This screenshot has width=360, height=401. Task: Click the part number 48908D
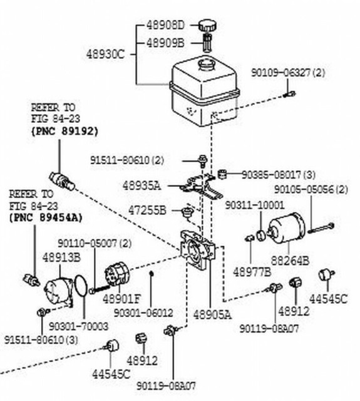coord(165,26)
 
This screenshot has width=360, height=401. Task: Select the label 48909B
coord(165,43)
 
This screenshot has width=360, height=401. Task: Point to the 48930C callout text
coord(106,54)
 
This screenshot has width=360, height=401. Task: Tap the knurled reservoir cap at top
coord(207,26)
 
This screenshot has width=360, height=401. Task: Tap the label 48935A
coord(141,186)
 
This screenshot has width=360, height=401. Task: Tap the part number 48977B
coord(252,272)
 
